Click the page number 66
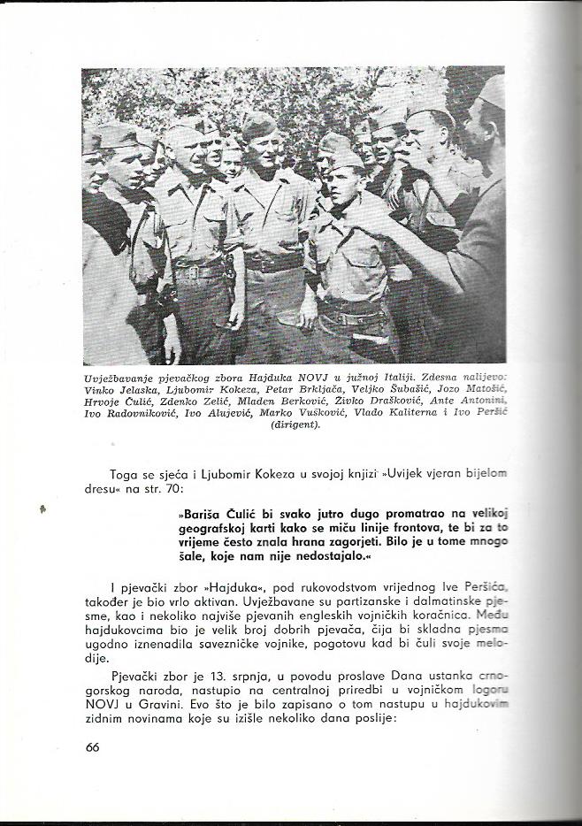tap(93, 747)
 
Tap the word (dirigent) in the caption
tap(295, 424)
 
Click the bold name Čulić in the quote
tap(242, 514)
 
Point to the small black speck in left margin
tap(42, 510)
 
